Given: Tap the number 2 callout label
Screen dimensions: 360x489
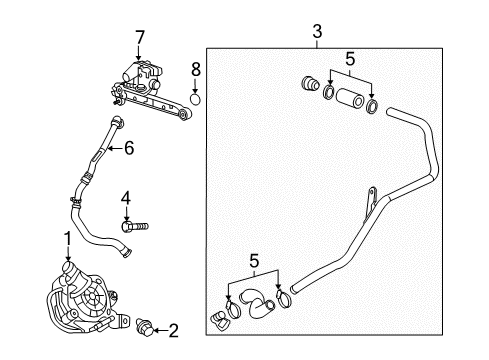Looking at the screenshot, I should [x=172, y=329].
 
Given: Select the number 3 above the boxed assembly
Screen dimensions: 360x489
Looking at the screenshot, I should [x=316, y=33].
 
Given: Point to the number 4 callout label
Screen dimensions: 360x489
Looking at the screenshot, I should [x=125, y=196].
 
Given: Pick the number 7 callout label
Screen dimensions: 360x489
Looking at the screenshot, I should [x=139, y=38].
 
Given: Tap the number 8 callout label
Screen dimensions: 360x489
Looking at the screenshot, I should [x=196, y=71].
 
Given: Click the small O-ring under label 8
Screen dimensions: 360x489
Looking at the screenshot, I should [x=196, y=99].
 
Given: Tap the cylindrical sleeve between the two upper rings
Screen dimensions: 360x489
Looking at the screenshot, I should [x=350, y=101].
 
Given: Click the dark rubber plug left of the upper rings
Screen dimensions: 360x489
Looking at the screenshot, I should [x=308, y=85].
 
